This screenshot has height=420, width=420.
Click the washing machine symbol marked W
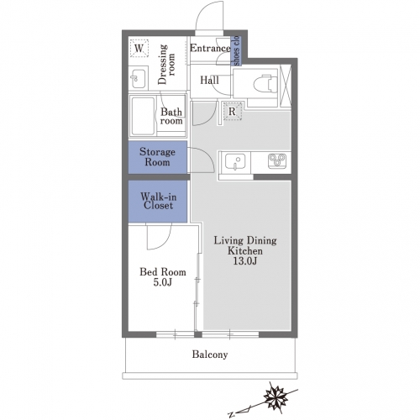coord(139,48)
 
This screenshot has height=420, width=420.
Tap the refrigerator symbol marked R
coord(233,111)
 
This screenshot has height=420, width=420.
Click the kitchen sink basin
coord(235,161)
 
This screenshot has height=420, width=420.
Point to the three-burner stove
coord(277,160)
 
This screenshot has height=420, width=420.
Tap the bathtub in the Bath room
coord(143,116)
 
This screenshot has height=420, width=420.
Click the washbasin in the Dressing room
coord(139,79)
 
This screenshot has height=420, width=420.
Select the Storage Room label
coord(157,157)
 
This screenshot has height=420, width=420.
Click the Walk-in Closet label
coord(159,201)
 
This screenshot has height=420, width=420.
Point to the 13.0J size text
coord(245,261)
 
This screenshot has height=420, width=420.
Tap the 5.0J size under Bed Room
coord(163,282)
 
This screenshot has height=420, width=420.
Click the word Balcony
coord(210,354)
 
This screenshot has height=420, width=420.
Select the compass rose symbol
coord(276,396)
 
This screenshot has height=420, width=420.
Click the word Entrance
coord(210,48)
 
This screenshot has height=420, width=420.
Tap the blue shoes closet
coord(236,50)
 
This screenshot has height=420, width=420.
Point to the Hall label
coord(209,81)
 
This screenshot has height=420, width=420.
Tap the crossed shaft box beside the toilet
coord(286,86)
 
